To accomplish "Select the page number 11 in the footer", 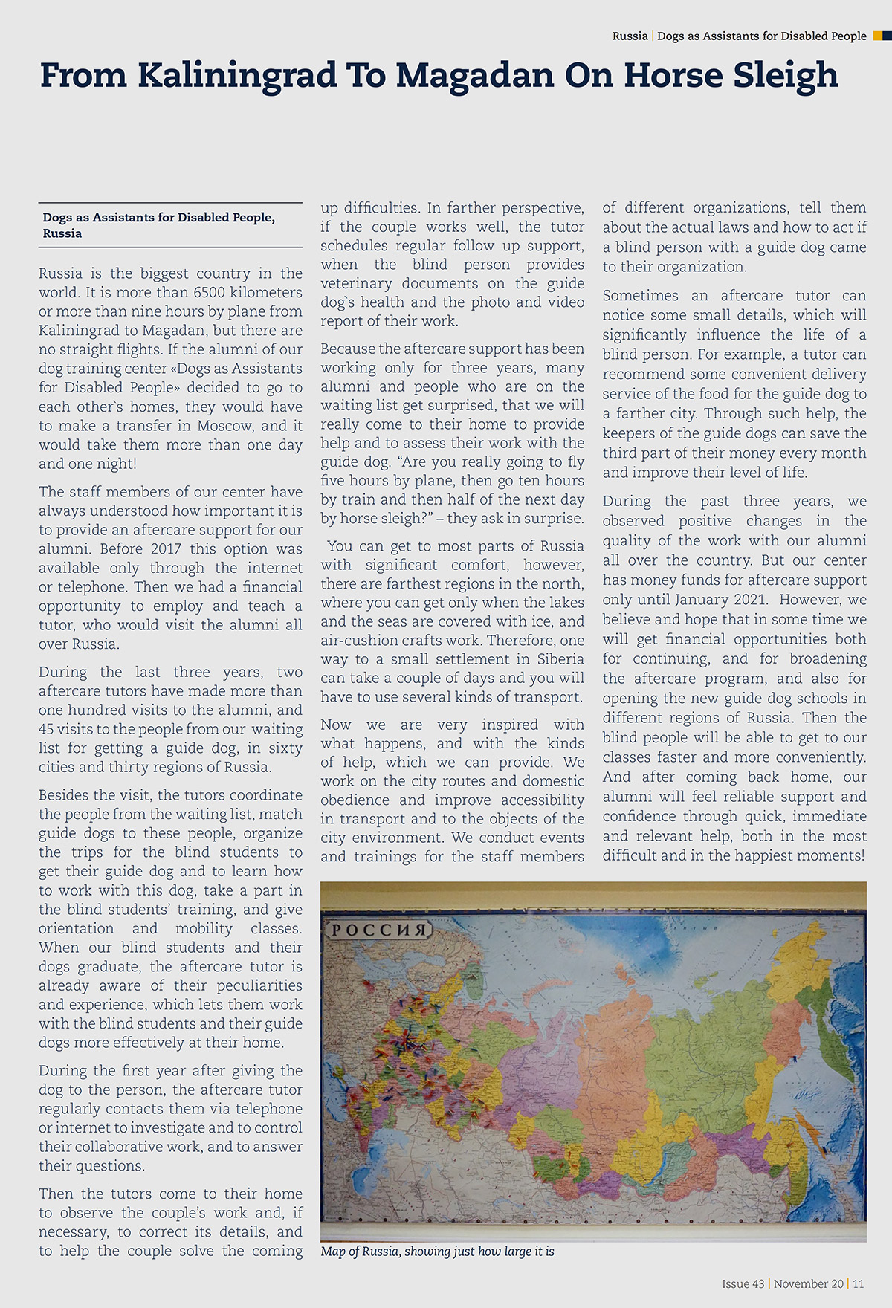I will tap(859, 1283).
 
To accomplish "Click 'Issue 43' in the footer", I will tap(743, 1283).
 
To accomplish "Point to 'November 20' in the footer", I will tap(809, 1283).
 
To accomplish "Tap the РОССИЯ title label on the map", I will tap(378, 930).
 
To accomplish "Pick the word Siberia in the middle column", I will tap(557, 659).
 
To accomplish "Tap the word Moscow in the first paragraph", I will tap(225, 426).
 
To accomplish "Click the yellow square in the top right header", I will tap(878, 36).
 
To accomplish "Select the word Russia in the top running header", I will tap(630, 36).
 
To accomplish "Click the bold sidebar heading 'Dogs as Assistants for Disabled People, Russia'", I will tap(158, 225).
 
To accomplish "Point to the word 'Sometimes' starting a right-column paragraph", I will tap(640, 296).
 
